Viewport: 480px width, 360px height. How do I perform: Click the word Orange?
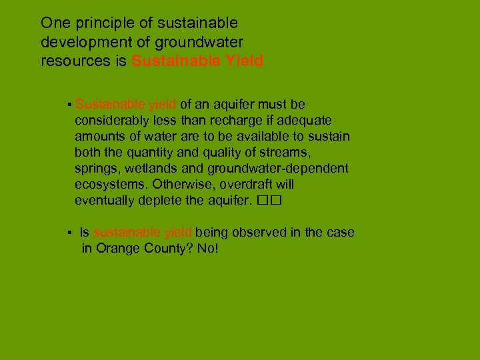tap(117, 249)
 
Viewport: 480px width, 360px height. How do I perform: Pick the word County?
tap(163, 249)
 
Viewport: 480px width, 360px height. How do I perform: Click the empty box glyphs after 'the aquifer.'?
tap(265, 200)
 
